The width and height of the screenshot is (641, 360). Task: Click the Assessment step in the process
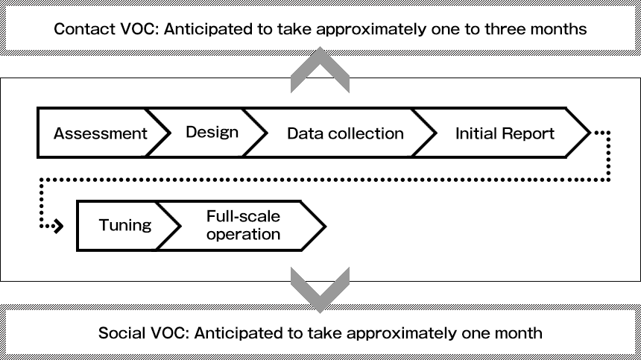coord(100,133)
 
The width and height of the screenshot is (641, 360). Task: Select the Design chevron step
coord(212,132)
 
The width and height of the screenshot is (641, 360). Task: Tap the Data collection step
coord(345,133)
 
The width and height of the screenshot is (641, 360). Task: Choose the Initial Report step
coord(505,133)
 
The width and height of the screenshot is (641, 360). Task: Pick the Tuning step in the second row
coord(124,225)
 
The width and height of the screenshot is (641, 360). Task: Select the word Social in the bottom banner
coord(121,332)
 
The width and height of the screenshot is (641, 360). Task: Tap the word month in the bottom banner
coord(519,332)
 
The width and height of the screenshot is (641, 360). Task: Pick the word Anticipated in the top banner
coord(198,30)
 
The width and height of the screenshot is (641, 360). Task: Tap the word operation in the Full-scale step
coord(243,234)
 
